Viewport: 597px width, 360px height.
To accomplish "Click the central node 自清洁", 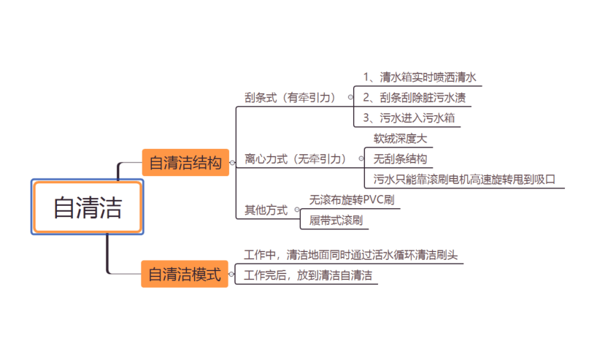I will click(88, 207).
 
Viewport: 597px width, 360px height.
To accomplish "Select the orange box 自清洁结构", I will click(185, 162).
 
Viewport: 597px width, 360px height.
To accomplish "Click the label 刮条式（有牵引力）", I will click(290, 96).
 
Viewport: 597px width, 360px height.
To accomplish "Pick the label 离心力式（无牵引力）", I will click(296, 158).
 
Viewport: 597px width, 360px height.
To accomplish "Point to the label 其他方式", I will click(266, 210).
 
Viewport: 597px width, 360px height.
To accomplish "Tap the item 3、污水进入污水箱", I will click(411, 117).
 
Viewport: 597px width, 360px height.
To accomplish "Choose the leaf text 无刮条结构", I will click(400, 158).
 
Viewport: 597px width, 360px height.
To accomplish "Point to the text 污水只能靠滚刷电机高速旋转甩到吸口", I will click(465, 178).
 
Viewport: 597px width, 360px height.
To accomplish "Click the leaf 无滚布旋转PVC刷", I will click(353, 199).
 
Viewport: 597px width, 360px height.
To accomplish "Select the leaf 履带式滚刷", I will click(336, 220).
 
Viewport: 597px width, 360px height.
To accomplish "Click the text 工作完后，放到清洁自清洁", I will click(308, 275).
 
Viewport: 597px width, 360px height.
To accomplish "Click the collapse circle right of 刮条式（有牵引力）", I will click(350, 96).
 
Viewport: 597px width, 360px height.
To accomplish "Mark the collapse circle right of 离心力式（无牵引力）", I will click(361, 158).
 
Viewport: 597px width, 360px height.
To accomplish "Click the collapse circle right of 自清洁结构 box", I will click(231, 163).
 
